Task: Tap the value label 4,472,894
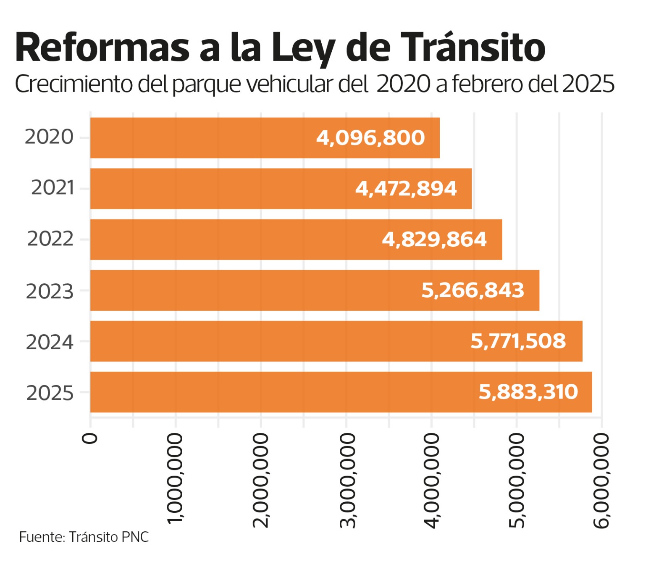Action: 406,189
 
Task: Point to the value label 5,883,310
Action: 528,392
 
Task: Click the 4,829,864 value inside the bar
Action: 434,240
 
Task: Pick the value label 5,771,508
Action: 518,341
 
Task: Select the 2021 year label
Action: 52,188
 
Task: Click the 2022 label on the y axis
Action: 50,239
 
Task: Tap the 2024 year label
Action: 50,342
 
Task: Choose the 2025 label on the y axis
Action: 50,393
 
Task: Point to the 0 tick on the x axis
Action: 90,438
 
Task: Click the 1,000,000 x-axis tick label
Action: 175,479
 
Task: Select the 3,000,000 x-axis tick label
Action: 347,481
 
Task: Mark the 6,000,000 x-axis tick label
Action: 601,481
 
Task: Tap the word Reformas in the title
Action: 102,47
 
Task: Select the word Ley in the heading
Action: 303,48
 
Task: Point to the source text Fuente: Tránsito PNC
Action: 84,537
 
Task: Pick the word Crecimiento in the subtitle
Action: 74,84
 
